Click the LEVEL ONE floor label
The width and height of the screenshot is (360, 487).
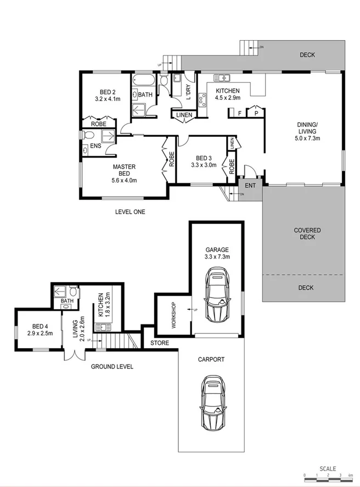[x=130, y=212]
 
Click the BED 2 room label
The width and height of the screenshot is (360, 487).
[x=107, y=92]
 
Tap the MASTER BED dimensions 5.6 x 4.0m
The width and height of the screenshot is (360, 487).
[x=124, y=180]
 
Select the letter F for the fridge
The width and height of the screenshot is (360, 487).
[x=240, y=113]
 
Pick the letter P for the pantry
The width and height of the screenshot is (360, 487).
[x=256, y=113]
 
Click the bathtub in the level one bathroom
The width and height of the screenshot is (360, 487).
[x=144, y=81]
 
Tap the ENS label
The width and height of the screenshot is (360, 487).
[x=95, y=145]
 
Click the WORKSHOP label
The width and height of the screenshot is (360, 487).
[x=173, y=316]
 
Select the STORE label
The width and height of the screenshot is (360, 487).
[x=160, y=343]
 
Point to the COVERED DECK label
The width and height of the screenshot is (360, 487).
[x=307, y=234]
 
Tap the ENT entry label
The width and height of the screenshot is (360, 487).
[x=250, y=186]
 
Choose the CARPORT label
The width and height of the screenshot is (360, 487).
[x=211, y=360]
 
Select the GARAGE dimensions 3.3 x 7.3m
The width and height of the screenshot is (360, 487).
[x=217, y=256]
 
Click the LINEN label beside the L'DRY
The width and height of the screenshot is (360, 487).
[x=184, y=115]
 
